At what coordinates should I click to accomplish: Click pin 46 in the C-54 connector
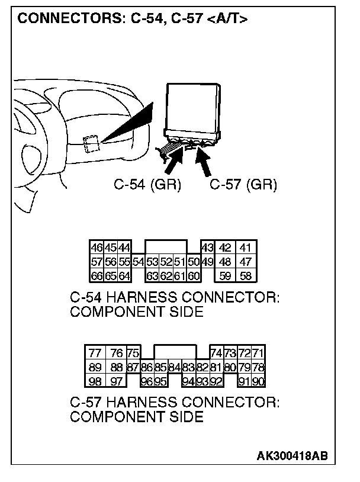point(95,247)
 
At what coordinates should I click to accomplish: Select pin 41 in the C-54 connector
point(245,247)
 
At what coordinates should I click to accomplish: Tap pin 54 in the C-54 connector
point(139,261)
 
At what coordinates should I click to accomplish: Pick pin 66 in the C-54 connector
point(95,275)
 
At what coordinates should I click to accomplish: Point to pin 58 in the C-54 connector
point(245,275)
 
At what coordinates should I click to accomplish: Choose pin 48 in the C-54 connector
point(225,261)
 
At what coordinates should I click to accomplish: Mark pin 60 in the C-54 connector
point(194,275)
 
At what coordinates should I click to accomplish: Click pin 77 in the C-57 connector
point(95,354)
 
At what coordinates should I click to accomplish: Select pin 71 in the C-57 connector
point(258,354)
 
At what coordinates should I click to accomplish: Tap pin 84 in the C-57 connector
point(175,367)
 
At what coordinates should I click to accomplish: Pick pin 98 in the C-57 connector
point(95,381)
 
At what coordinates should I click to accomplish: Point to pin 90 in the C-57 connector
point(258,381)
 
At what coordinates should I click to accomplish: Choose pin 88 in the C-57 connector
point(117,367)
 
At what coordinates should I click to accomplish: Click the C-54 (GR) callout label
point(147,185)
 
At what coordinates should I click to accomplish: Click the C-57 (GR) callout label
point(243,185)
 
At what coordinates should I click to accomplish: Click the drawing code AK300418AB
point(292,456)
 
